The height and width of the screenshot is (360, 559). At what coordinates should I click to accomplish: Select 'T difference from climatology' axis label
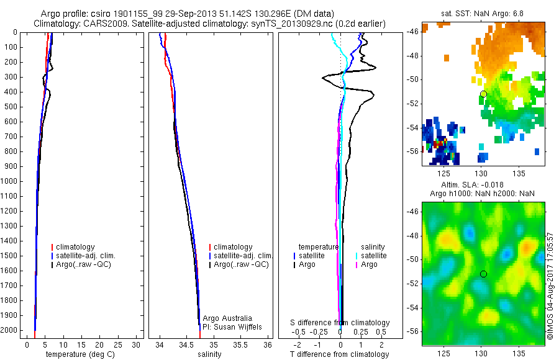click(x=339, y=354)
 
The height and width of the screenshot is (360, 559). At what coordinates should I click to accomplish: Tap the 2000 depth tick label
click(x=10, y=331)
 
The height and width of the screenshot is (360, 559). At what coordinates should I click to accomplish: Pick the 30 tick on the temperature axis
click(x=137, y=344)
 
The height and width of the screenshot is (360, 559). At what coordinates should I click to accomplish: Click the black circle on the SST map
click(x=483, y=94)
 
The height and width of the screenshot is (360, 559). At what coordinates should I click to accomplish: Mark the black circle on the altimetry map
click(x=483, y=274)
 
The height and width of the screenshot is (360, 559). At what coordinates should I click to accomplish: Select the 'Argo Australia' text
click(x=227, y=318)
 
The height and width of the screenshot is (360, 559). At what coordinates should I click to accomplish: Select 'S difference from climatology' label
click(x=340, y=323)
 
